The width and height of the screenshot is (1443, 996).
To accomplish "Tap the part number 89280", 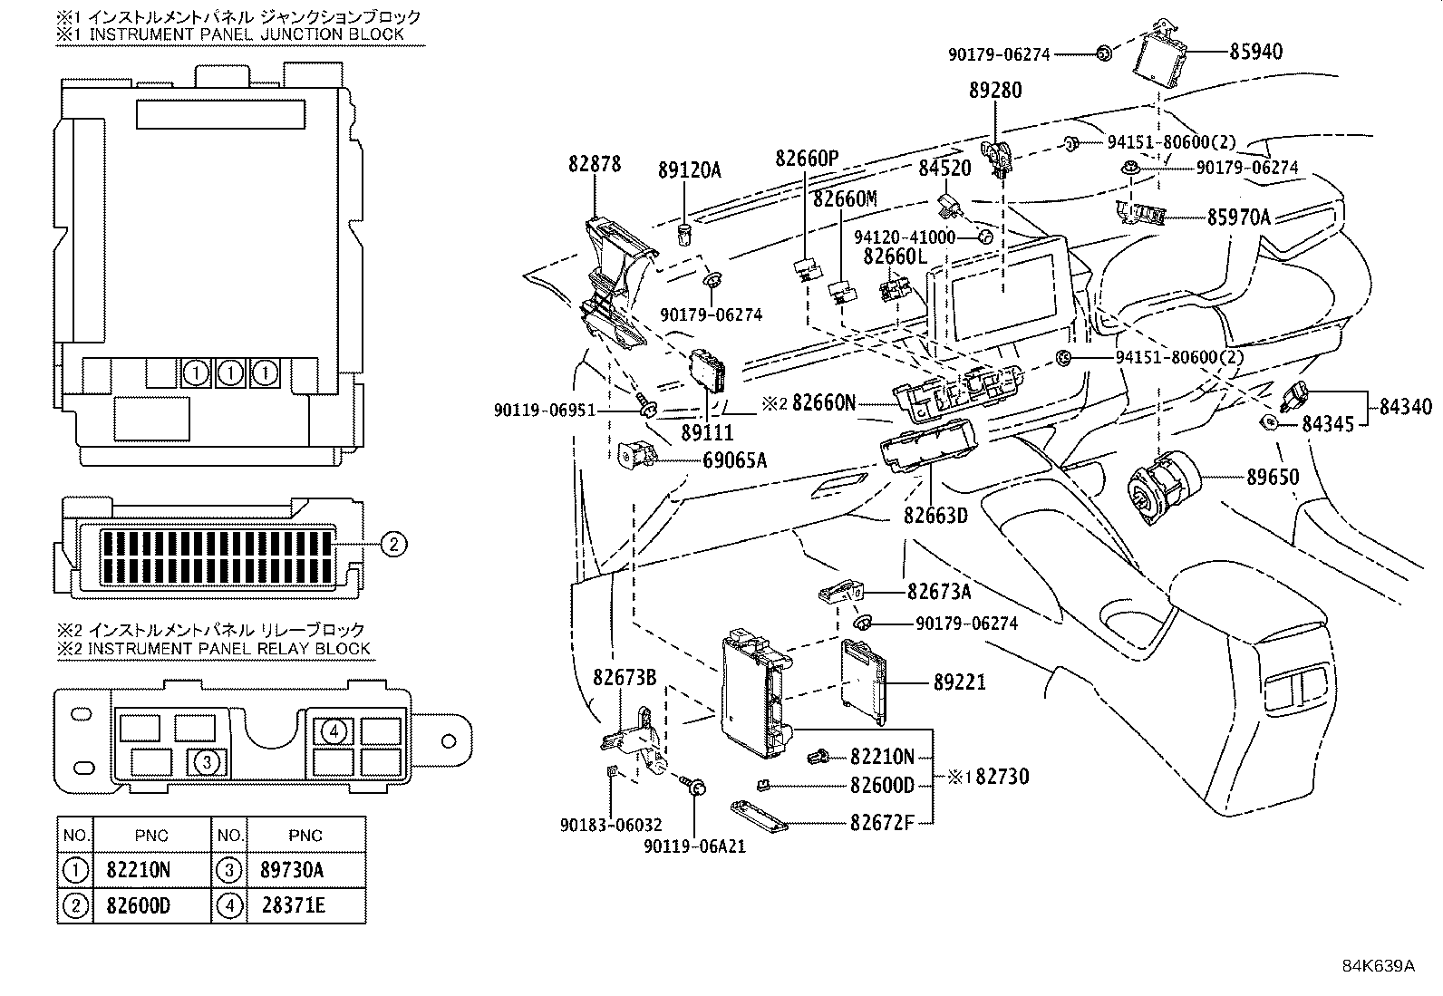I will click(995, 90).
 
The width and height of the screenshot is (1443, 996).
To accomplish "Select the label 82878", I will click(595, 164).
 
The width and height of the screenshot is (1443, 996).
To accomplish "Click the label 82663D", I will click(935, 516).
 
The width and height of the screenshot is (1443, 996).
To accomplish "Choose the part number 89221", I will click(959, 682).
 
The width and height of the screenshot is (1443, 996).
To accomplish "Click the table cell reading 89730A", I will click(292, 870).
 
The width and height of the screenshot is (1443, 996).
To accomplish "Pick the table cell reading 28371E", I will click(292, 905).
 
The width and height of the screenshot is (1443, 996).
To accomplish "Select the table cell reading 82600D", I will click(138, 905).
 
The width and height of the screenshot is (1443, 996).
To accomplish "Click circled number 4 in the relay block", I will click(334, 730).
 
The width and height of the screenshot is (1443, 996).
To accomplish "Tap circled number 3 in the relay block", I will click(207, 762).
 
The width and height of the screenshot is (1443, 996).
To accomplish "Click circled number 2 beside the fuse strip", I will click(392, 544).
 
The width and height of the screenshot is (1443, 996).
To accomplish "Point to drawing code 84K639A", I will click(1378, 964).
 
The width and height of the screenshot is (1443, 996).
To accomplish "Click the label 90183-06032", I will click(610, 825).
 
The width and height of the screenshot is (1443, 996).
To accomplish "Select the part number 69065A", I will click(734, 460).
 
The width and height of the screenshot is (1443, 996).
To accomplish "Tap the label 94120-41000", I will click(904, 237).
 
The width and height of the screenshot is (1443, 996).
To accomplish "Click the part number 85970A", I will click(1238, 217).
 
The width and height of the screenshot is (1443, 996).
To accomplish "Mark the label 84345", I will click(1328, 422).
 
